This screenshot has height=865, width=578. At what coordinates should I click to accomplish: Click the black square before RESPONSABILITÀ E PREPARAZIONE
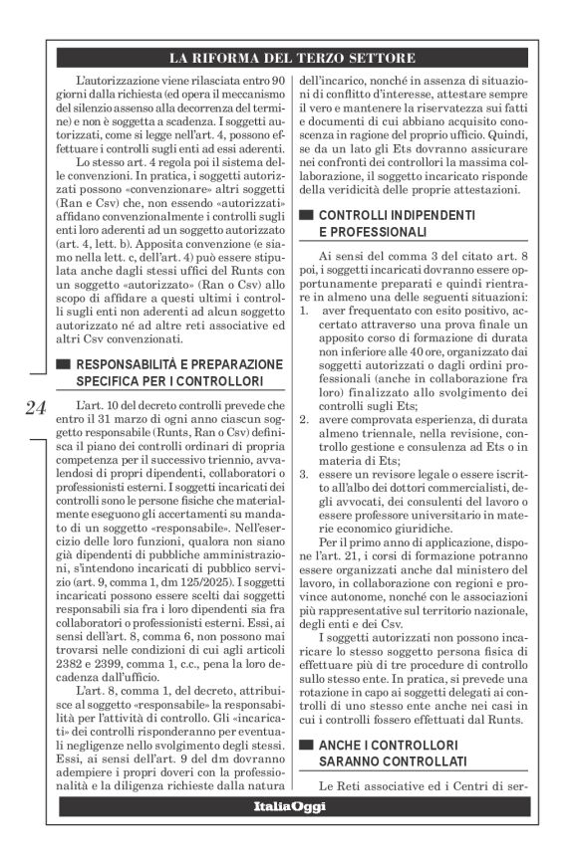click(x=66, y=362)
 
